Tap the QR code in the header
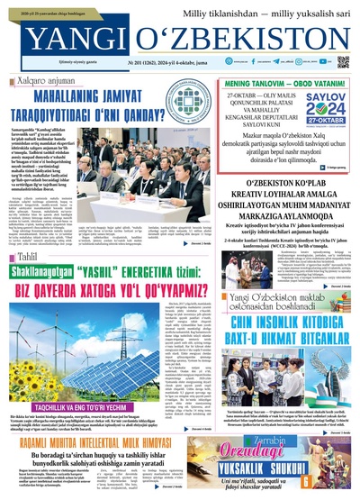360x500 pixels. pyautogui.click(x=343, y=62)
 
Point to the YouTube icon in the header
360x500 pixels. pyautogui.click(x=313, y=63)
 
